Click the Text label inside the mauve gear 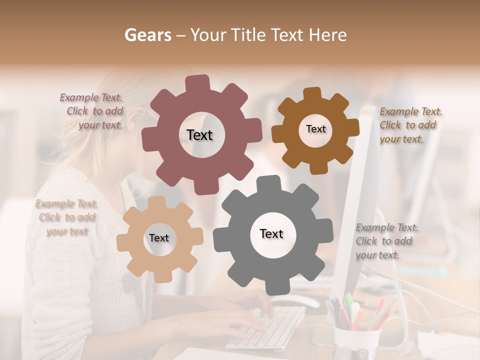(x=199, y=135)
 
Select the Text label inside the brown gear (x=315, y=129)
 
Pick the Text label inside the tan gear (x=159, y=238)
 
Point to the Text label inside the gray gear (x=271, y=233)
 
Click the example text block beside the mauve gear (x=92, y=111)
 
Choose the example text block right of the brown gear (x=410, y=125)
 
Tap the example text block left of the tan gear (x=67, y=217)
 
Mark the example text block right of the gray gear (x=386, y=241)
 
